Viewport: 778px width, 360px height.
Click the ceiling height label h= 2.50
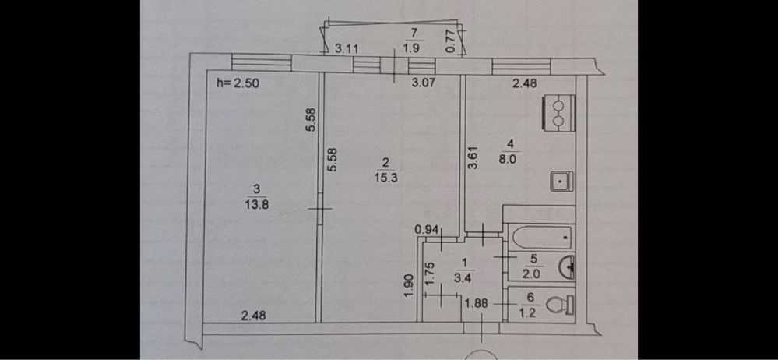coord(238,83)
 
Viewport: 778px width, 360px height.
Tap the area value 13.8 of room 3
coord(256,205)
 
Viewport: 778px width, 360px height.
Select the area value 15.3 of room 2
coord(385,177)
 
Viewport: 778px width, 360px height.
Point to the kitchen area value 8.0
coord(512,160)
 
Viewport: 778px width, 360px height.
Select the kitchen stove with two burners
coord(559,113)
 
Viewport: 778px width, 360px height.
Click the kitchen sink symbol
coord(561,182)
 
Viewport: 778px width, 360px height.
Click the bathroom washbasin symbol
coord(566,267)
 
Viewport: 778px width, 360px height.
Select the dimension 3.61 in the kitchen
coord(473,157)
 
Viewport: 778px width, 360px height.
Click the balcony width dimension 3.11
coord(347,48)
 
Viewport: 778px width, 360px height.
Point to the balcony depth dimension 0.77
coord(451,42)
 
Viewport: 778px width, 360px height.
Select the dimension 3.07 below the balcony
coord(423,83)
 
